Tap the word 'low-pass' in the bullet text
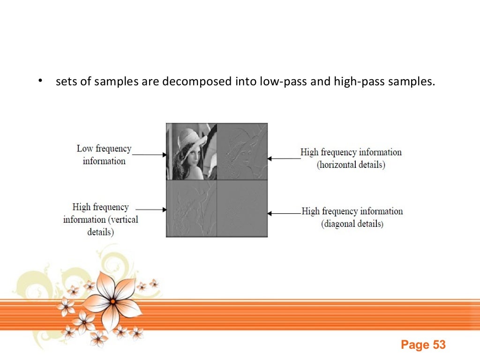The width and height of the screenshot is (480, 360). pyautogui.click(x=275, y=82)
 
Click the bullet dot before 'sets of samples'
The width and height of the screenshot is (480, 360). pyautogui.click(x=41, y=81)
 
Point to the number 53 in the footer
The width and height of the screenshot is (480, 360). pyautogui.click(x=439, y=345)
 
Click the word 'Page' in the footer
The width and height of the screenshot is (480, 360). pyautogui.click(x=415, y=345)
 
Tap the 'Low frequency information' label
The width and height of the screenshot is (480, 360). pyautogui.click(x=104, y=155)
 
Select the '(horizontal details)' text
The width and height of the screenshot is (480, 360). pyautogui.click(x=351, y=165)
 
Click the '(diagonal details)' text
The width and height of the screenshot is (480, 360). pyautogui.click(x=352, y=224)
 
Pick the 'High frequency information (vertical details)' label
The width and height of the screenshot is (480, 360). pyautogui.click(x=101, y=219)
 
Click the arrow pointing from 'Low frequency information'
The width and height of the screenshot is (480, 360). pyautogui.click(x=149, y=154)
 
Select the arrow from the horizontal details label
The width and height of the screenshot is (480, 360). pyautogui.click(x=284, y=158)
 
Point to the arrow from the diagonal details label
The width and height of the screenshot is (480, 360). pyautogui.click(x=284, y=213)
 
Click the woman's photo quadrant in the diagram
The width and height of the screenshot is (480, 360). pyautogui.click(x=191, y=151)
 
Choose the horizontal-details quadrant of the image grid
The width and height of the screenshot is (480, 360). pyautogui.click(x=242, y=151)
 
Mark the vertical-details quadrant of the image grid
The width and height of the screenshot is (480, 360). pyautogui.click(x=191, y=209)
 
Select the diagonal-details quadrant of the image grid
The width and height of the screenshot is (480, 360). pyautogui.click(x=242, y=209)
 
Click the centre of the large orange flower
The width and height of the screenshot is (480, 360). pyautogui.click(x=112, y=301)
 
